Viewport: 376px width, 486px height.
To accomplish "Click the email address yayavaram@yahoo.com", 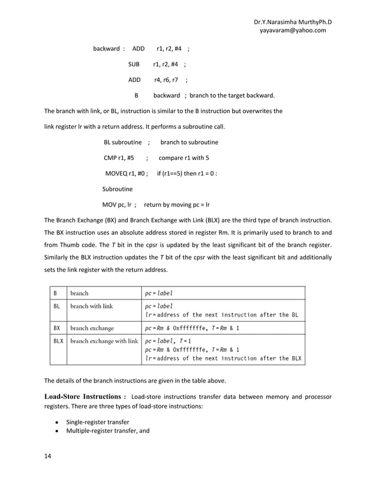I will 293,31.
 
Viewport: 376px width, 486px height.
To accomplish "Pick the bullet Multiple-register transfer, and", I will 107,431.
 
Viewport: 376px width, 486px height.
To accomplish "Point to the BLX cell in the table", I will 58,341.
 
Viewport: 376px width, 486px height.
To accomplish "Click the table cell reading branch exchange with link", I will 104,341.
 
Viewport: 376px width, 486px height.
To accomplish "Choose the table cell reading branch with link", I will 91,306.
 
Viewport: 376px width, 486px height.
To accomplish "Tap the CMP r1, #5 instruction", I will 119,158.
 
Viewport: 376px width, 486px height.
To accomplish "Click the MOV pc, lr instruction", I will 117,205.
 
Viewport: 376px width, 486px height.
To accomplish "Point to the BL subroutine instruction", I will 123,142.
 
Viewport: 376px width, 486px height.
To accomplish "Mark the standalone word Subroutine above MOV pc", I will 117,189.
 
